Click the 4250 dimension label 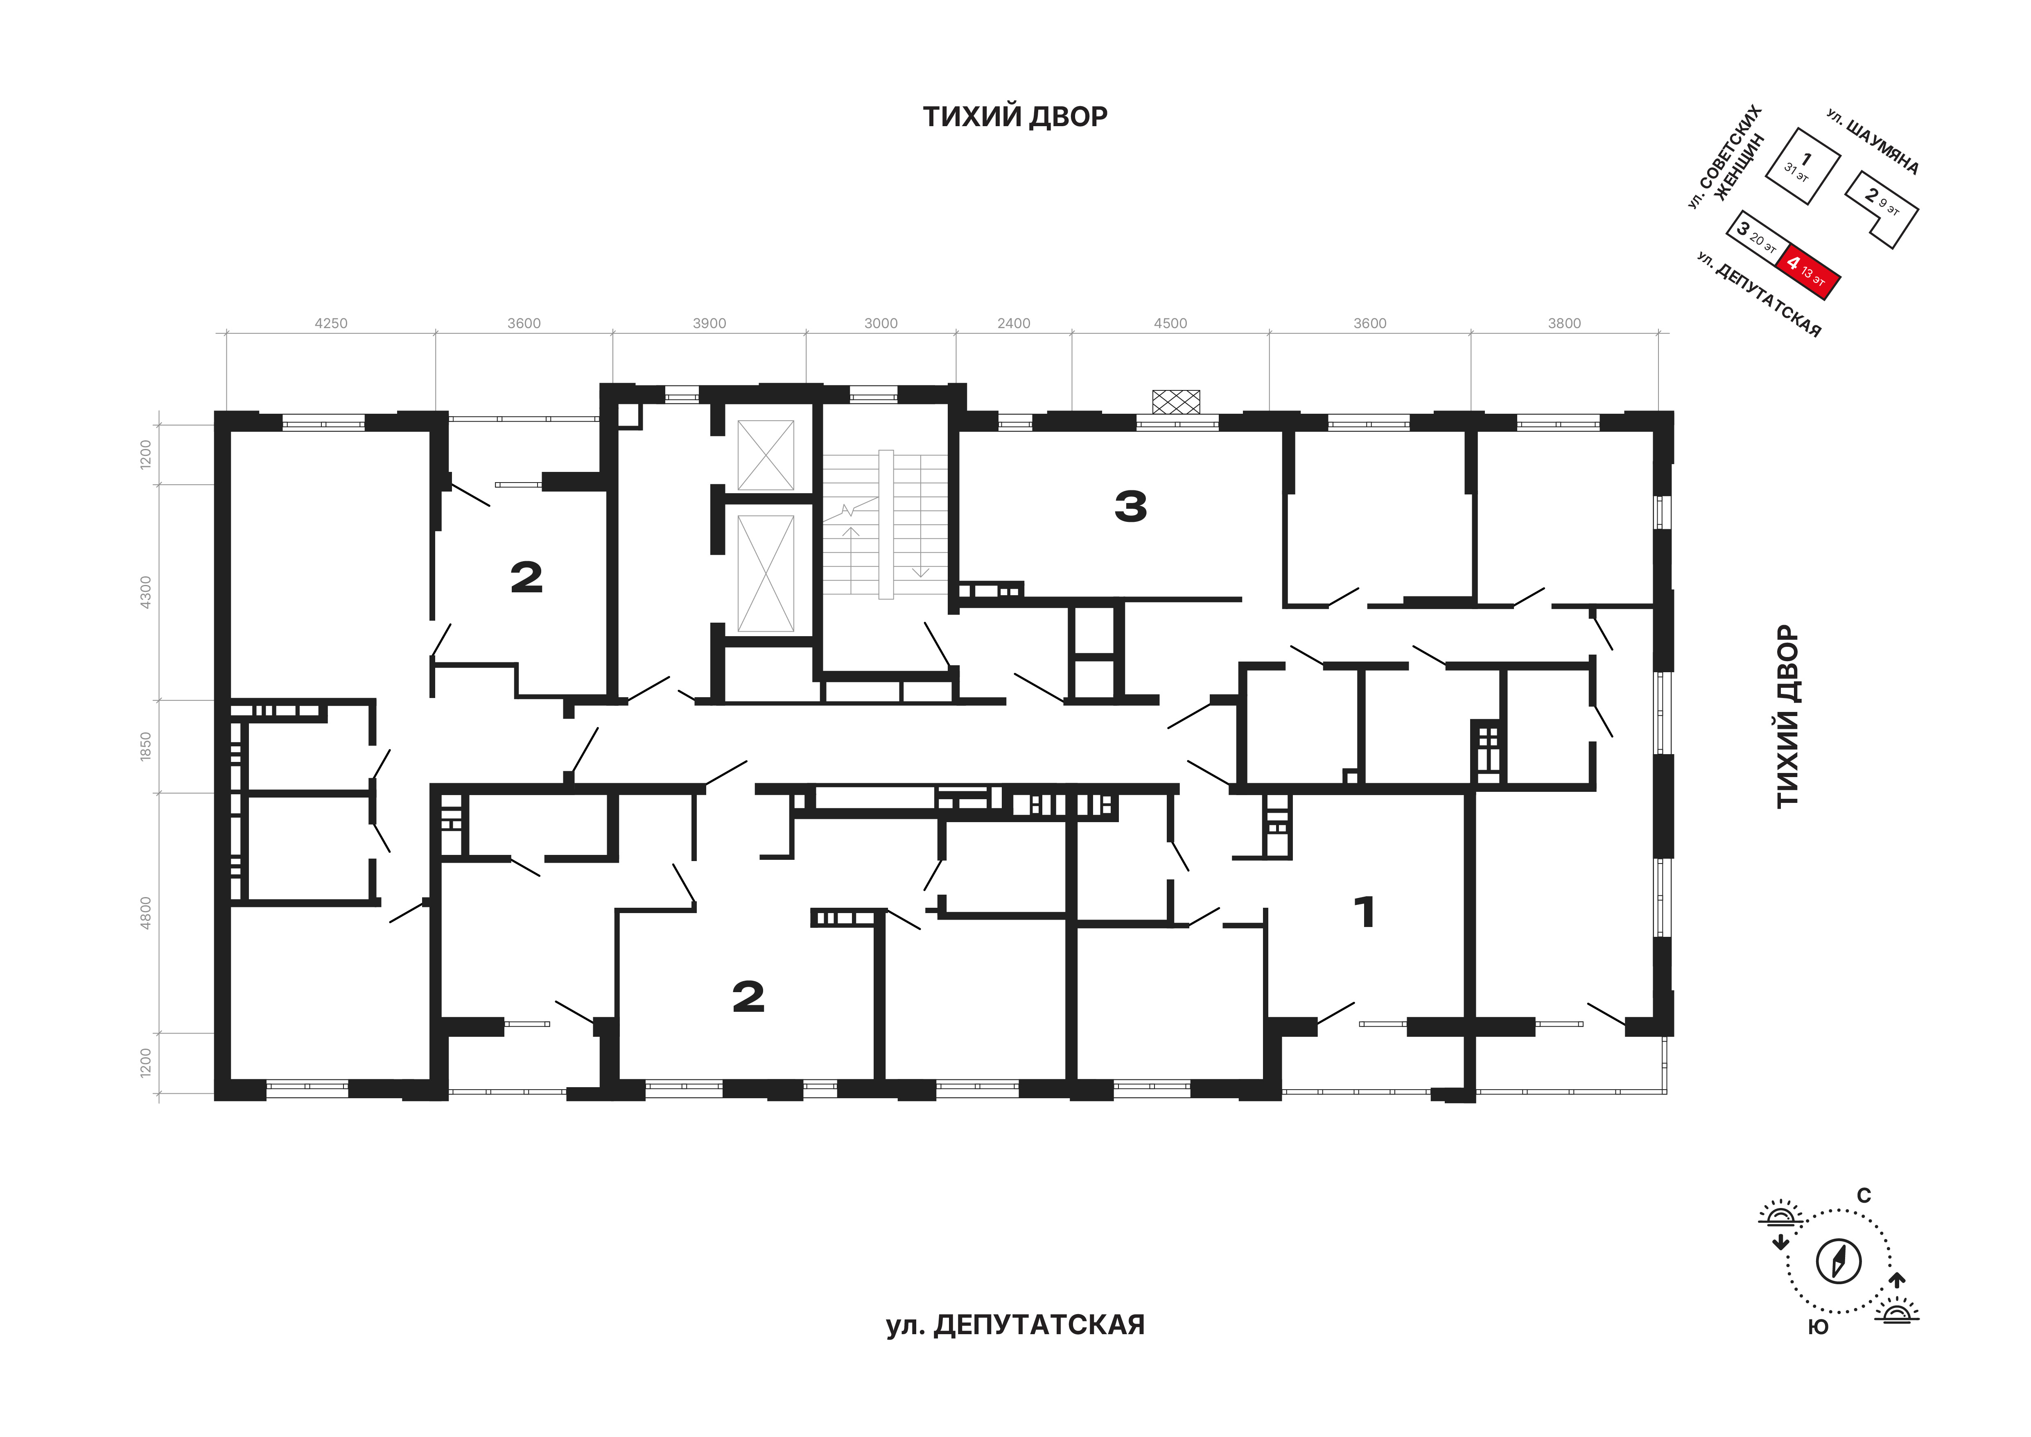point(331,324)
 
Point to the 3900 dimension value point(709,324)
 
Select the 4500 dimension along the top point(1170,324)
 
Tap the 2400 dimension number point(1014,324)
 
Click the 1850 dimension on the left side point(146,746)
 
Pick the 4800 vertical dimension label point(146,912)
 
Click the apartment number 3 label point(1130,507)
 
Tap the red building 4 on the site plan point(1809,272)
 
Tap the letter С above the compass point(1864,1196)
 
